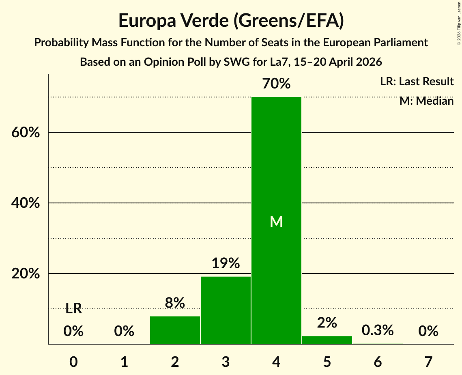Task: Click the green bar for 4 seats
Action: [x=276, y=220]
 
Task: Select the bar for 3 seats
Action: [x=226, y=310]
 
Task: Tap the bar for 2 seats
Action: [x=175, y=330]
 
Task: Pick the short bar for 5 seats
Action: [x=327, y=340]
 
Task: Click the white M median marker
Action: [x=276, y=222]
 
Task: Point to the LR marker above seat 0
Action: [x=73, y=309]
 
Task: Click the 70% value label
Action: [x=276, y=84]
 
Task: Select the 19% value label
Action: [x=226, y=263]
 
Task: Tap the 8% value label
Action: [x=175, y=302]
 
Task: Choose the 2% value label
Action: [x=327, y=323]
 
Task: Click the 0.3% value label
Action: [x=378, y=330]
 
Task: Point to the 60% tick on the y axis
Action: [x=26, y=132]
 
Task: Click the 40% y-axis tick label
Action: [x=26, y=203]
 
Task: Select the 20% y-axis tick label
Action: [x=26, y=274]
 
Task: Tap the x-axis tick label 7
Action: [x=428, y=362]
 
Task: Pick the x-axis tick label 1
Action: [x=125, y=362]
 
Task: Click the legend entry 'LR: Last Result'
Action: [x=417, y=81]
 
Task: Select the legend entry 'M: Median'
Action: [x=426, y=101]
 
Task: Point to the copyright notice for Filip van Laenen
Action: [x=459, y=23]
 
